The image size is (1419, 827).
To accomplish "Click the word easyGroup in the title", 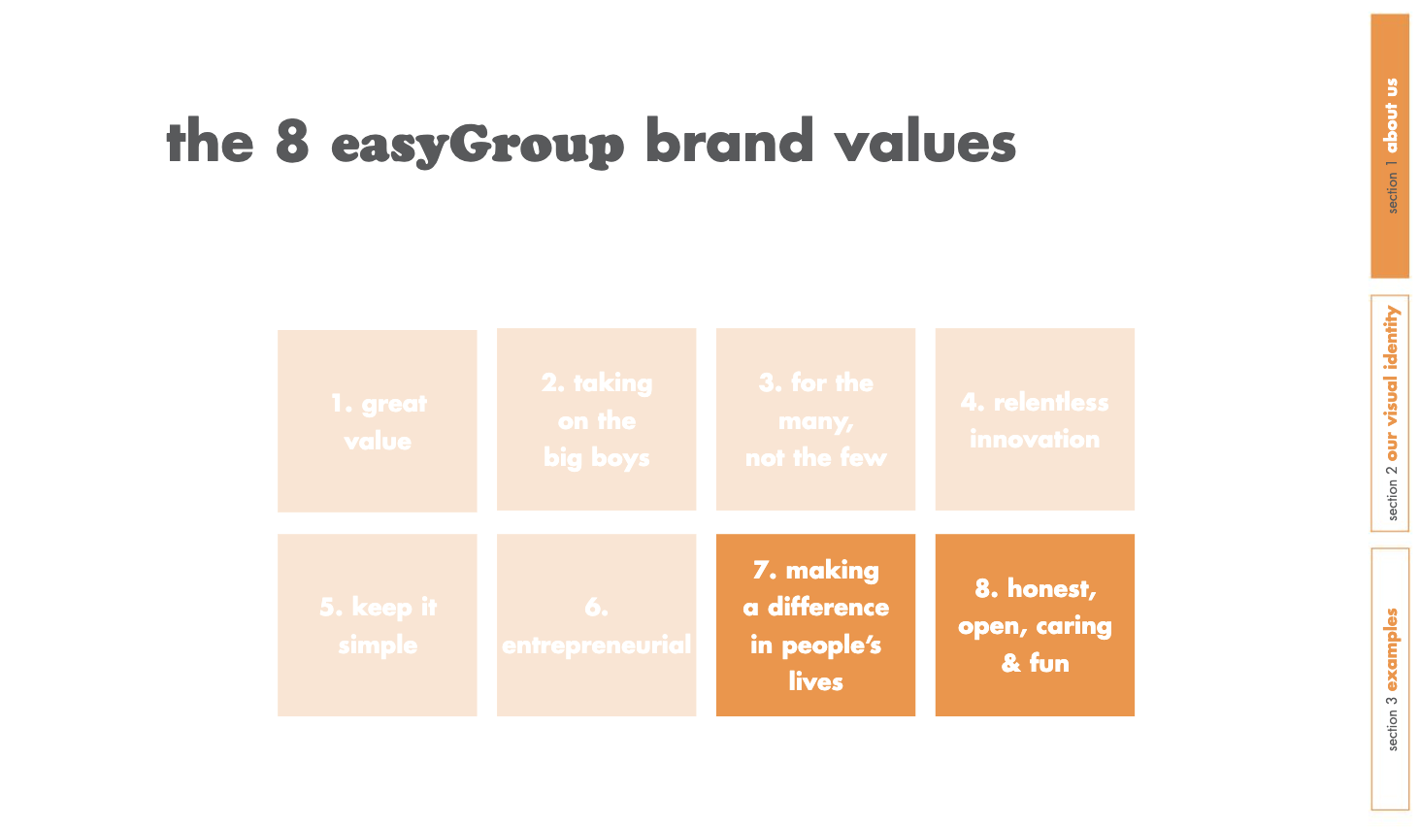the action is click(478, 145).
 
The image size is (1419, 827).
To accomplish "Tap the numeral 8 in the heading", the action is click(292, 141).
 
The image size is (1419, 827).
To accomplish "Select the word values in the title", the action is click(925, 141).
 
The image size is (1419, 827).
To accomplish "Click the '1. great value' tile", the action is click(377, 421).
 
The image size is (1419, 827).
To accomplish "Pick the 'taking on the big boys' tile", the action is click(596, 419).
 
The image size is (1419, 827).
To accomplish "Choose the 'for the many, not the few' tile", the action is click(815, 419).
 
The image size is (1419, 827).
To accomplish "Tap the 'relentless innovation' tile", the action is click(1035, 419).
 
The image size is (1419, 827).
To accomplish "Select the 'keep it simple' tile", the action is click(377, 625).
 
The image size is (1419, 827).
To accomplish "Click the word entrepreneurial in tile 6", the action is click(596, 645).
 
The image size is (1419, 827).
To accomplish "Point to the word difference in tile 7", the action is click(828, 607).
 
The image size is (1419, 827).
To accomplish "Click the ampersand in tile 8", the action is click(1011, 663).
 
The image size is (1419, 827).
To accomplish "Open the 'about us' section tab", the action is click(1390, 146).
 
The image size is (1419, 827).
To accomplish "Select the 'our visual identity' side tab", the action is click(1390, 413).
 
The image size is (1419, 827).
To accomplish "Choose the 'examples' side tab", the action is click(1390, 678).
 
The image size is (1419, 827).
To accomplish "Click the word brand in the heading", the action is click(729, 140).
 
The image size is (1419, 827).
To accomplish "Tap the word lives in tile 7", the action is click(816, 681).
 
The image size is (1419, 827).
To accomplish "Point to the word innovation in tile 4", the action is click(1035, 439).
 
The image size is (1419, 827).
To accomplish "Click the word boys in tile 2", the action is click(620, 457).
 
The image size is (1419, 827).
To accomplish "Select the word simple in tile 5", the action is click(378, 645).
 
